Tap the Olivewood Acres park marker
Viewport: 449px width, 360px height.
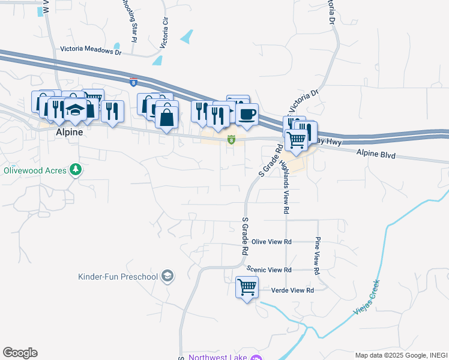[x=76, y=170]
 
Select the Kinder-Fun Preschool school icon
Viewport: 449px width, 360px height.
[x=168, y=276]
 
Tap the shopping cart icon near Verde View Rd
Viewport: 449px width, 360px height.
[x=247, y=287]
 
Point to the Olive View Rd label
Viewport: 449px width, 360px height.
[x=271, y=242]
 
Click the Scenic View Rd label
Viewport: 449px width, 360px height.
[x=271, y=270]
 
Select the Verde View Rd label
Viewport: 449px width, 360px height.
[x=294, y=290]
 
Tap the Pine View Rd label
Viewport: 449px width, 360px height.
[x=316, y=256]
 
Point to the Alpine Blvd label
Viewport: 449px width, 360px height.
[x=376, y=154]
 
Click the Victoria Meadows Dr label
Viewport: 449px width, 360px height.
[x=91, y=51]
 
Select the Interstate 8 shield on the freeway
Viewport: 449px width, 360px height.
[x=133, y=80]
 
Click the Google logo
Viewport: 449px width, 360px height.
[x=20, y=353]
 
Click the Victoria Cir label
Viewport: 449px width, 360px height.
[x=164, y=32]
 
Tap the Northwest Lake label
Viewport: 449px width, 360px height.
[x=218, y=358]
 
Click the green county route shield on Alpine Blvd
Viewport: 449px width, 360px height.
[x=231, y=140]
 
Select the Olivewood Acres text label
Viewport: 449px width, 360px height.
[x=34, y=170]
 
